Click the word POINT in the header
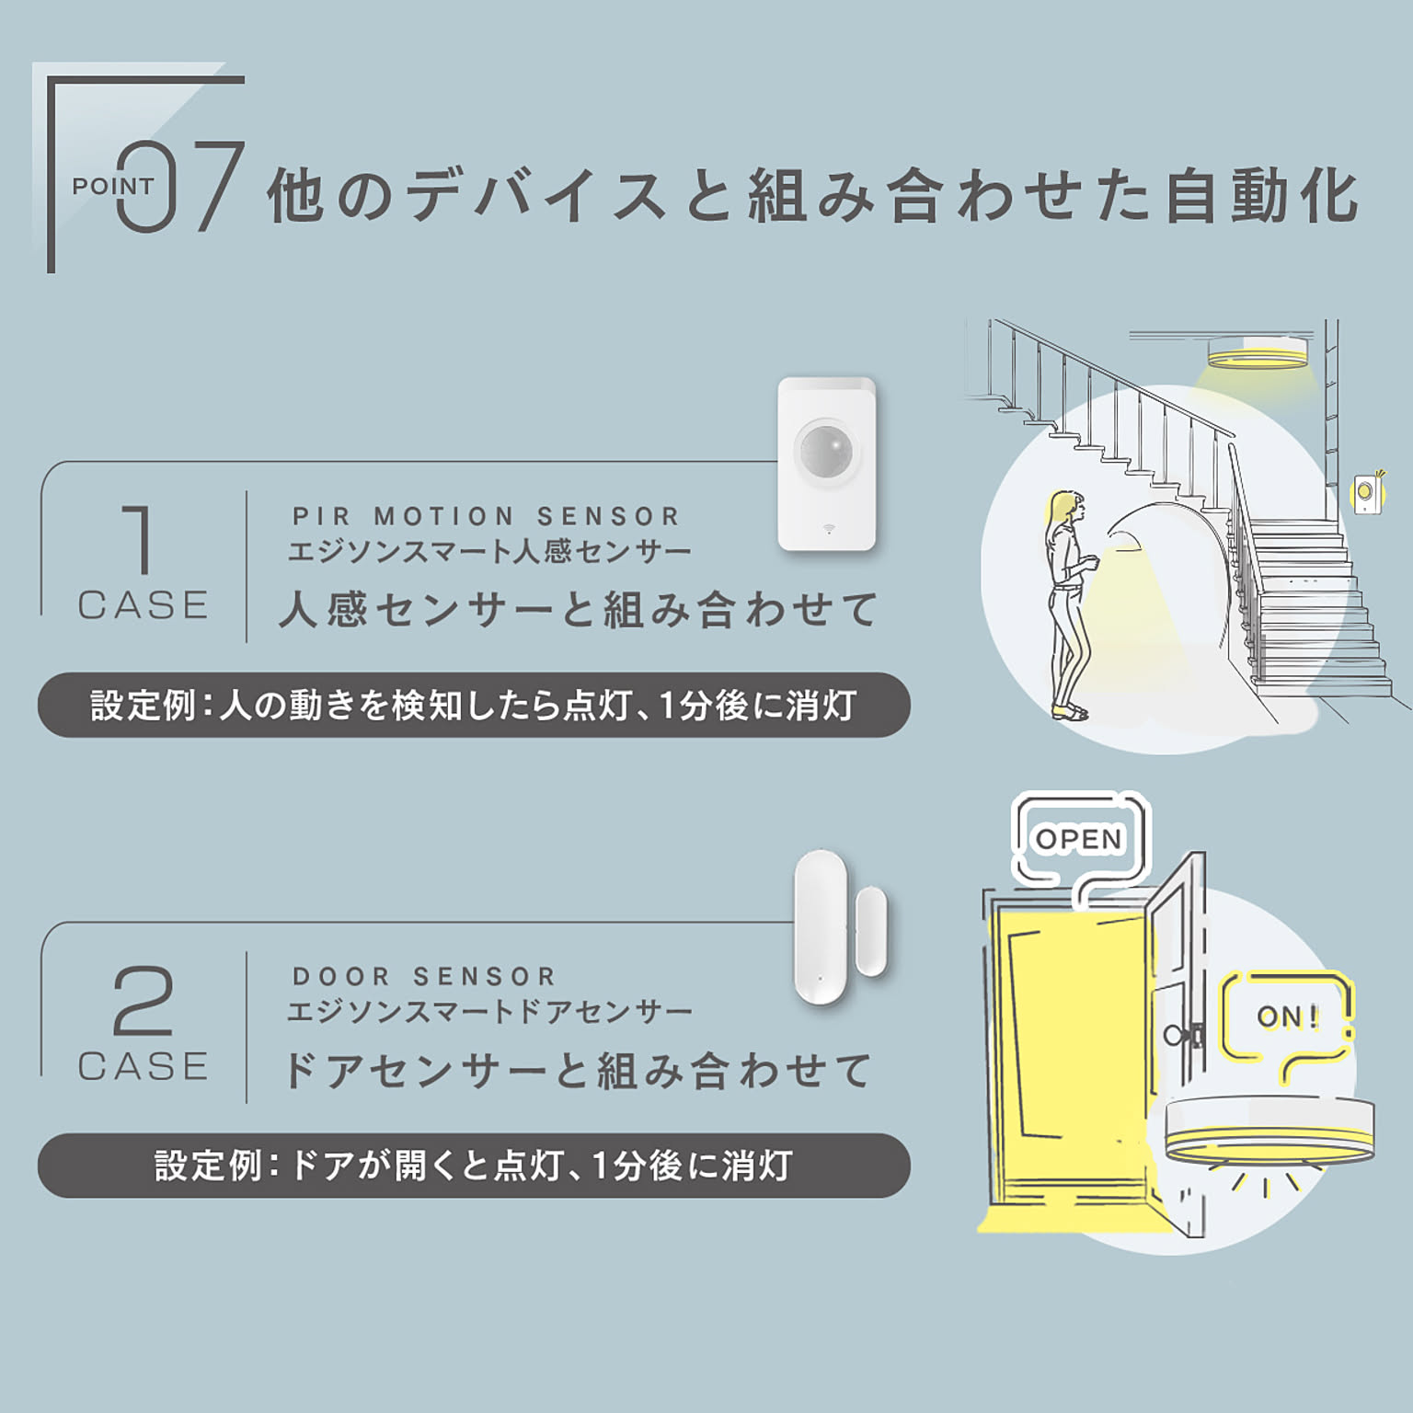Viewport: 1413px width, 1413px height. point(112,186)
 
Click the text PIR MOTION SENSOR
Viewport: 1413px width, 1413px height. point(486,516)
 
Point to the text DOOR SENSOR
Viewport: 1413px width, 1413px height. point(424,976)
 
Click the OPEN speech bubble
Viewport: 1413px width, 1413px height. point(1079,839)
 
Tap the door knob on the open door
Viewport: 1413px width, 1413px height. point(1175,1034)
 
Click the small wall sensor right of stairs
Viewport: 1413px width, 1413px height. point(1364,494)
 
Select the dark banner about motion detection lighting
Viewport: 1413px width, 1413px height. point(474,705)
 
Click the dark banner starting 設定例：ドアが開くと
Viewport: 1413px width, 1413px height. point(474,1166)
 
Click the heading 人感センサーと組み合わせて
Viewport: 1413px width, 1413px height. point(578,609)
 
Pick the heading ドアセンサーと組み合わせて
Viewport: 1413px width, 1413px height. point(578,1070)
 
